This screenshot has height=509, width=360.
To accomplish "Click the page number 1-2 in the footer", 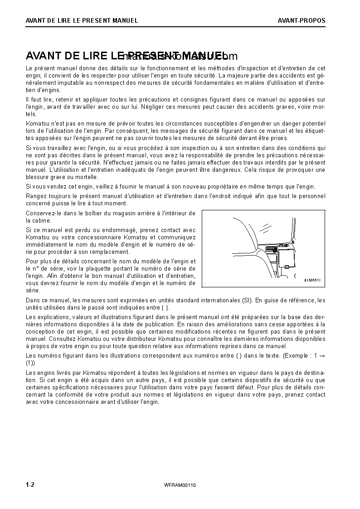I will (30, 485).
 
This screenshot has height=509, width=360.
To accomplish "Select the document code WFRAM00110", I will (180, 485).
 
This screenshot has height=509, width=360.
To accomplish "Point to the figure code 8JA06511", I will (312, 280).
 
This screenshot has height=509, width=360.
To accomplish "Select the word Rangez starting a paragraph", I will (36, 196).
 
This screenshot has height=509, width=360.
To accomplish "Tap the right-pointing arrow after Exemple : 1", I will (321, 356).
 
